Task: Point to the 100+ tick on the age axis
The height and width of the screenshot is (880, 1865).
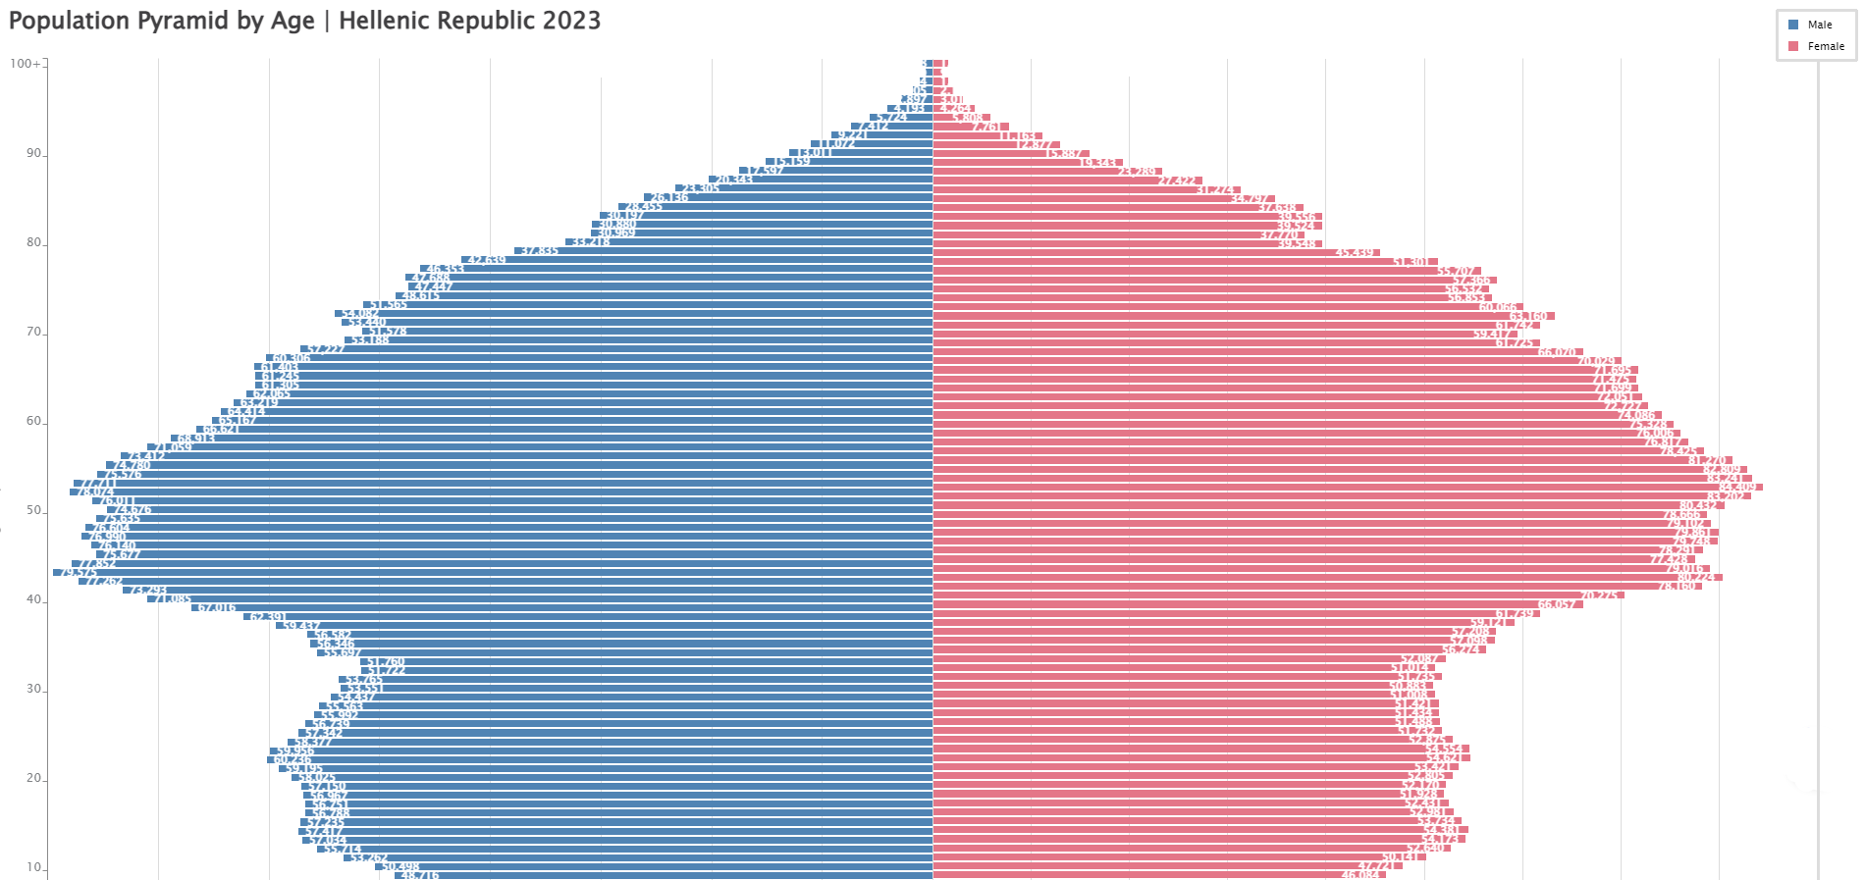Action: (x=26, y=64)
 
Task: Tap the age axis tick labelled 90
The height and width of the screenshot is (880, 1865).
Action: (x=34, y=153)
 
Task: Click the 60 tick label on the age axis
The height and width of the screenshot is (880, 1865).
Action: (x=34, y=421)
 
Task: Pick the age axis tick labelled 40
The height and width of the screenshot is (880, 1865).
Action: (x=34, y=599)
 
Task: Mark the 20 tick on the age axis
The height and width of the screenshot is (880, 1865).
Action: (x=34, y=778)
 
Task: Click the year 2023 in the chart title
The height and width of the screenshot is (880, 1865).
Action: (x=564, y=21)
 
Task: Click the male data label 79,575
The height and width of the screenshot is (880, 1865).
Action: (x=77, y=572)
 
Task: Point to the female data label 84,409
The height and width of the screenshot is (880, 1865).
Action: (x=1737, y=487)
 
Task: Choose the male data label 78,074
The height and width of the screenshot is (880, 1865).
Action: (x=93, y=492)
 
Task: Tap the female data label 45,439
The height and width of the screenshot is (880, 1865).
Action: (x=1355, y=252)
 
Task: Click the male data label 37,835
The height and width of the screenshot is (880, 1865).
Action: (x=539, y=251)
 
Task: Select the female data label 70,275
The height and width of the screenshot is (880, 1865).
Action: (x=1599, y=595)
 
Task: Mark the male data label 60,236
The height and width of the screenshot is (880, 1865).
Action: (x=292, y=759)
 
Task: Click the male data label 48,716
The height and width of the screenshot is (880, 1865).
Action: (x=419, y=875)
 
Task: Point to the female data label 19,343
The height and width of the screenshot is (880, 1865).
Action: (x=1098, y=163)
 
